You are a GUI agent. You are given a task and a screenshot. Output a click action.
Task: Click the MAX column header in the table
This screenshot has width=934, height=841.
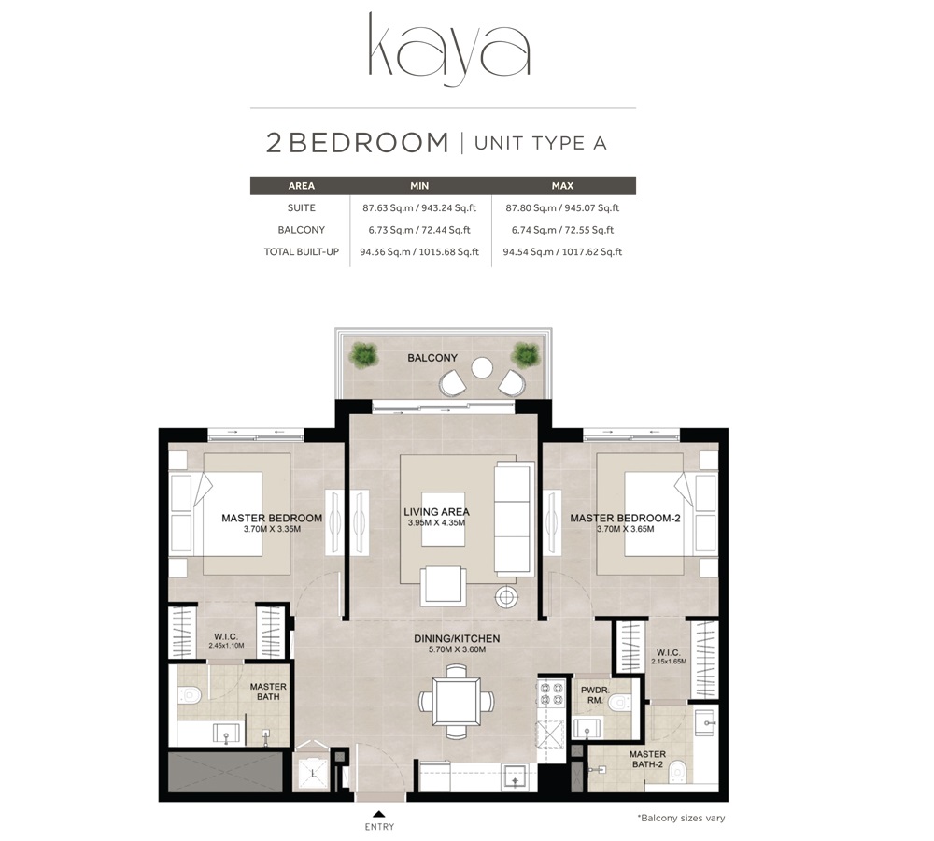point(562,186)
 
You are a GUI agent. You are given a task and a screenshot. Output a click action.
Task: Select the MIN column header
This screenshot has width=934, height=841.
point(419,186)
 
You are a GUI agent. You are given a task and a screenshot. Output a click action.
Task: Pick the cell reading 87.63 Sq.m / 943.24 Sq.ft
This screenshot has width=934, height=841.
point(419,208)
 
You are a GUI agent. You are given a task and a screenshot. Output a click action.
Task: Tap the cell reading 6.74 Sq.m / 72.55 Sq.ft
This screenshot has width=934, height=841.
point(562,230)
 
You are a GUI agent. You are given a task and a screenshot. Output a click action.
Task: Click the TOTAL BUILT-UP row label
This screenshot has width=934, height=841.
point(301,251)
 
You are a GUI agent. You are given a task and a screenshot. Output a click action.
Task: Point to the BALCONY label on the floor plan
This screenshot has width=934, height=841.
point(432,358)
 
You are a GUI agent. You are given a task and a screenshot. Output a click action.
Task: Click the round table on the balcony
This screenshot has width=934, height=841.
point(482,367)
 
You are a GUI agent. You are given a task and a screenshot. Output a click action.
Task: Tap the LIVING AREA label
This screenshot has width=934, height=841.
point(436,512)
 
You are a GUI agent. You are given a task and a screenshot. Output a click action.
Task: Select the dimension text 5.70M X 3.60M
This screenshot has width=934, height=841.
point(457,650)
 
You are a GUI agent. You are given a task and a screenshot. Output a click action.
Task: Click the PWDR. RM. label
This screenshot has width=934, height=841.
point(594,696)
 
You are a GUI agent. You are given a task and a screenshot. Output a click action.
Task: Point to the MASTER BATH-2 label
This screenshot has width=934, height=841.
point(647,760)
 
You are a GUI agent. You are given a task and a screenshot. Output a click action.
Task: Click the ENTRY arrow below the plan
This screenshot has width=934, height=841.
point(379,812)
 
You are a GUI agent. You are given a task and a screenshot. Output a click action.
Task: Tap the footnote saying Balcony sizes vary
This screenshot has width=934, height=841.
point(681,818)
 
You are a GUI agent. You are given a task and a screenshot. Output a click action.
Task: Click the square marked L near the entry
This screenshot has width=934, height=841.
point(314,774)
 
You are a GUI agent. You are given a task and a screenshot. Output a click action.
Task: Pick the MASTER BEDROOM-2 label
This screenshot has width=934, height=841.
point(625,519)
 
